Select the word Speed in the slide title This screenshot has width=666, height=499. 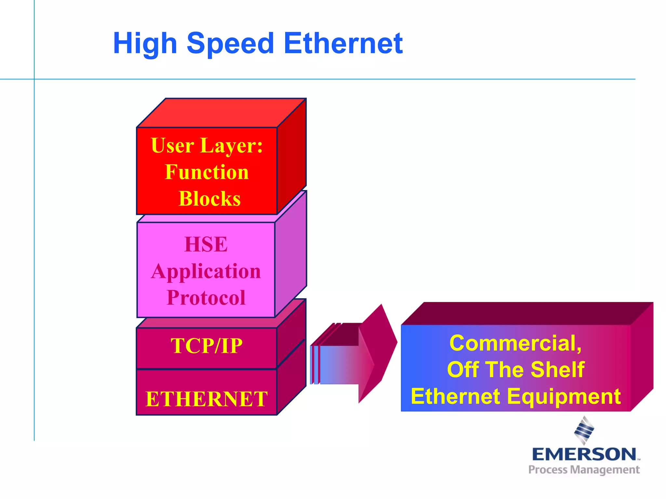pos(231,44)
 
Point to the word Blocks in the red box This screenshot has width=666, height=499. pos(210,198)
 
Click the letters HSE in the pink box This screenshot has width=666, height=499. pos(206,244)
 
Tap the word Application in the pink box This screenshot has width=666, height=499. pos(206,271)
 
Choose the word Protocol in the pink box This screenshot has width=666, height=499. pos(206,298)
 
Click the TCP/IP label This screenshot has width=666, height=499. pos(206,346)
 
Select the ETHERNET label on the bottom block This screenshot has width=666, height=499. pos(206,399)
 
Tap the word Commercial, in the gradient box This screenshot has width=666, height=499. pos(515,343)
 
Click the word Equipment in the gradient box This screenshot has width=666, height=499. pos(564,397)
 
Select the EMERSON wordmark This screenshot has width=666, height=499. pos(584,454)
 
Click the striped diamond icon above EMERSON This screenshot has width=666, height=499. pos(584,430)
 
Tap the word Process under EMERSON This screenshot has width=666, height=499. pos(548,470)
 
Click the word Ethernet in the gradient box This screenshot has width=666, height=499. pos(455,397)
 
